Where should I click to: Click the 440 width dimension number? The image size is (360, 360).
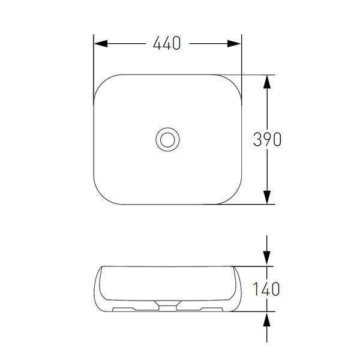click(167, 43)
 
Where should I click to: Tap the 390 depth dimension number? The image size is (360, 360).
click(267, 139)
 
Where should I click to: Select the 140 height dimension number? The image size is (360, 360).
click(266, 289)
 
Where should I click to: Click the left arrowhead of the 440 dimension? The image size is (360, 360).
click(101, 43)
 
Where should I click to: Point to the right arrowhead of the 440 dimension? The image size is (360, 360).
click(234, 43)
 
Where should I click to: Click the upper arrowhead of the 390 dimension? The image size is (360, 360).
click(267, 82)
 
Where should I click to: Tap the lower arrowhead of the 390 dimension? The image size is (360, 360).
click(267, 197)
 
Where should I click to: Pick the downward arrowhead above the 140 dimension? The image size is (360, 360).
click(266, 258)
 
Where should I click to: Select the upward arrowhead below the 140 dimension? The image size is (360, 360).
click(266, 320)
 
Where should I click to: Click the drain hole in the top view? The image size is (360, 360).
click(167, 140)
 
